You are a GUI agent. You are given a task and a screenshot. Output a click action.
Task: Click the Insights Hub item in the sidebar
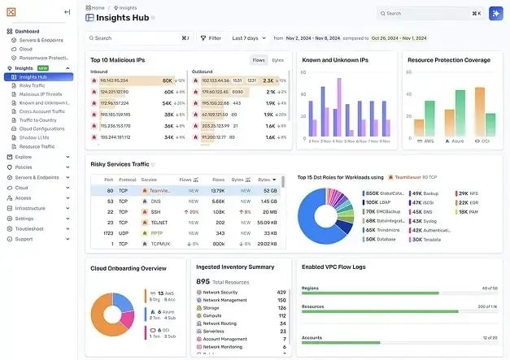tap(33, 77)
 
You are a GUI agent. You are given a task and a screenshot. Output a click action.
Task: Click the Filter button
tap(210, 38)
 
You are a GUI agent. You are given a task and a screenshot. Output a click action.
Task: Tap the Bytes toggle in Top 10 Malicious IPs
tap(278, 60)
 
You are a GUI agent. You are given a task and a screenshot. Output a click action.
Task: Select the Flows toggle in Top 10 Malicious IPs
tap(259, 60)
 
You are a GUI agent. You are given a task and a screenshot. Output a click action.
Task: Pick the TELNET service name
tap(160, 222)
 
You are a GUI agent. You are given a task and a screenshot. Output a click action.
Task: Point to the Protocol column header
tap(127, 180)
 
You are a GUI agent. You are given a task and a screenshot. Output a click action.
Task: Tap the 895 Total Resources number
tap(203, 281)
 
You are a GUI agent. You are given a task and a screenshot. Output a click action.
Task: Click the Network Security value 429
tap(281, 292)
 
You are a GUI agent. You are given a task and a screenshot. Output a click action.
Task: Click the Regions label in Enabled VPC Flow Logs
tap(310, 288)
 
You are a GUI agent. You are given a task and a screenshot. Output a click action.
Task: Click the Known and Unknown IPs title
tap(335, 60)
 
